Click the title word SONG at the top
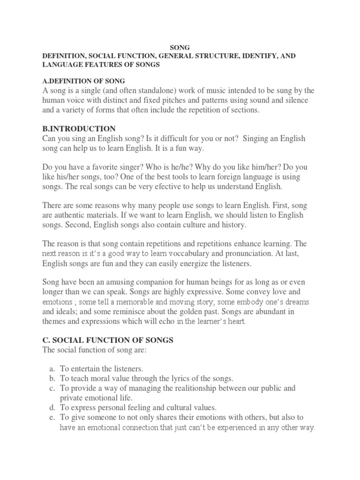[x=180, y=48]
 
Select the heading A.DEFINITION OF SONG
[x=83, y=82]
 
